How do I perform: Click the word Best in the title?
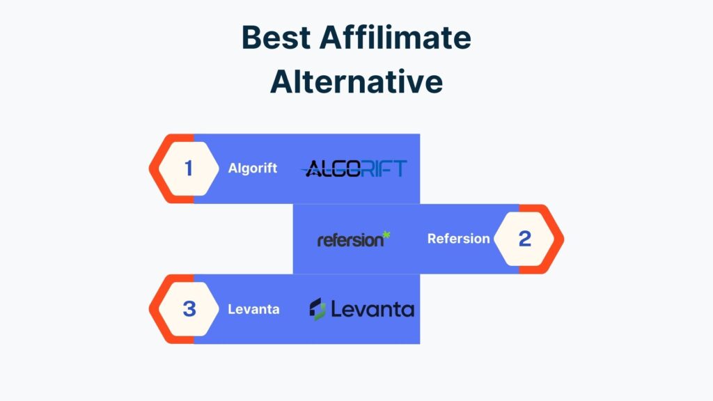pos(276,38)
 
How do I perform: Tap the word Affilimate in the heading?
pos(395,37)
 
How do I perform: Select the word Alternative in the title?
pos(356,81)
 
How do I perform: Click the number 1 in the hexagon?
pos(188,168)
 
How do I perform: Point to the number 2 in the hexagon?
pos(525,239)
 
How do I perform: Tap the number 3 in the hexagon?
pos(189,309)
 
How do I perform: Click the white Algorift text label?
pos(252,168)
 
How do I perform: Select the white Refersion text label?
pos(458,239)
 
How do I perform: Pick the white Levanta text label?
pos(253,309)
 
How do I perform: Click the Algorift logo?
pos(354,168)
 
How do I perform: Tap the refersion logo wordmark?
pos(351,240)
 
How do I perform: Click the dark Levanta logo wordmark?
pos(373,309)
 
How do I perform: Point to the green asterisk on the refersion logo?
pos(386,235)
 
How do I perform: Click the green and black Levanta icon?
pos(318,309)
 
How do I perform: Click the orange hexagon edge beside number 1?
pos(155,168)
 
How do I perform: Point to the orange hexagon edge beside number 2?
pos(558,239)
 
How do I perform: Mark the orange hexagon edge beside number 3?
pos(155,309)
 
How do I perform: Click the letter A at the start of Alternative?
pos(282,82)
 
